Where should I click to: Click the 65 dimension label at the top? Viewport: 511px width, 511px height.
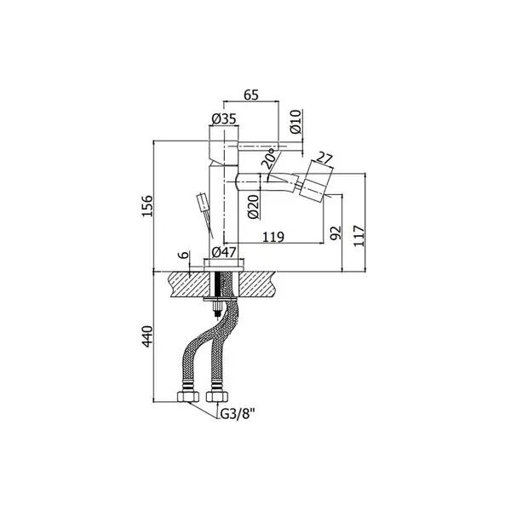251,95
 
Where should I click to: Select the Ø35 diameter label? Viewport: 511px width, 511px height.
223,119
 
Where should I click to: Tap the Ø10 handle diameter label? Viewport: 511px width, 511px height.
296,122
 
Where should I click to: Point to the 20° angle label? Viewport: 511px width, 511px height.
271,158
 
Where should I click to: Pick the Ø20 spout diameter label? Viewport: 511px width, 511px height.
254,206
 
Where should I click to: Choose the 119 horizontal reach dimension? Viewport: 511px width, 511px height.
273,237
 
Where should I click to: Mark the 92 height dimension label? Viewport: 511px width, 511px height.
336,233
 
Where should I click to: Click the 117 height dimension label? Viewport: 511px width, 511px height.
359,235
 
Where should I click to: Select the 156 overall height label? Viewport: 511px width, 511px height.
146,205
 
